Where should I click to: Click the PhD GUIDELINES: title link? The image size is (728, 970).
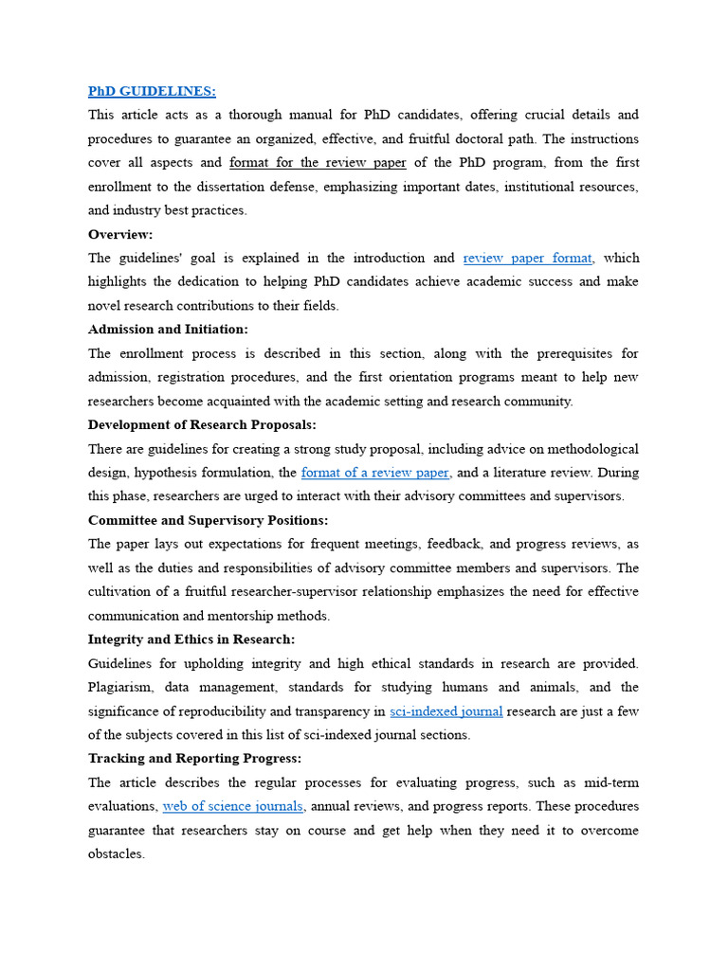point(152,91)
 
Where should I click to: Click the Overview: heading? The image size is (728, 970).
point(120,234)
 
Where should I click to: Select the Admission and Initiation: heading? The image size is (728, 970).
point(168,330)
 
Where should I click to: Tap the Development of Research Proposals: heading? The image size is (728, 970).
point(202,424)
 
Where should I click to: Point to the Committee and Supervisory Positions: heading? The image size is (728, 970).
point(208,520)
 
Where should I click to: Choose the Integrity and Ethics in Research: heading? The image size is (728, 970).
point(191,639)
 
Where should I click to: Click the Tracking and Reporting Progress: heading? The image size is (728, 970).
point(194,759)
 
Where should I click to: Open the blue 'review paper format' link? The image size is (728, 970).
point(527,258)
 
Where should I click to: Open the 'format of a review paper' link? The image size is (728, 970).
point(375,473)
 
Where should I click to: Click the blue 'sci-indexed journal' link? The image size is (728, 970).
point(446,711)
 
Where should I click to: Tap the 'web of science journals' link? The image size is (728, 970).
point(233,806)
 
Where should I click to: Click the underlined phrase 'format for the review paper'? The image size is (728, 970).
point(318,163)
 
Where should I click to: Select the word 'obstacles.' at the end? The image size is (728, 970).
point(117,853)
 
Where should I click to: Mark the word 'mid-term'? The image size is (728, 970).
point(610,782)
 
